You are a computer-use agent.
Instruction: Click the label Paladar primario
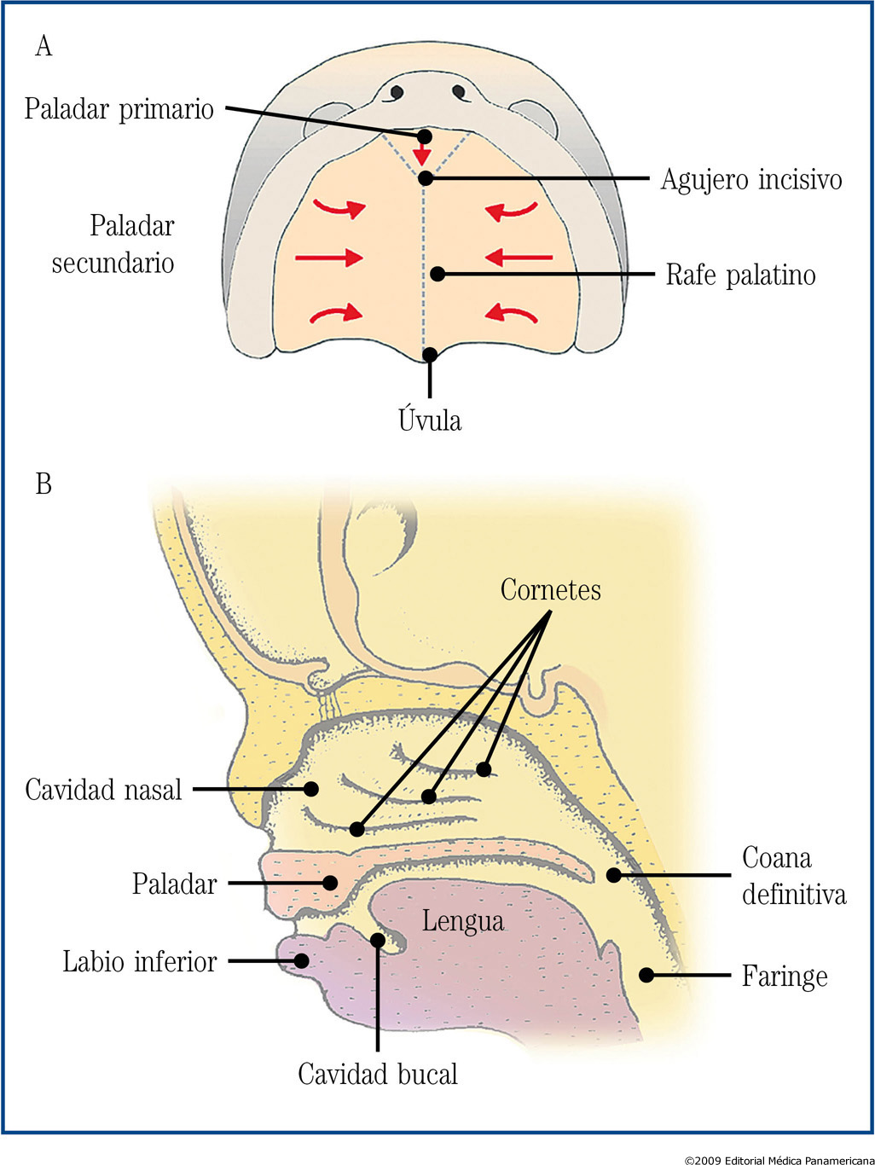(119, 109)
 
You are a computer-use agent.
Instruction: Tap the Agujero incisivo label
(750, 180)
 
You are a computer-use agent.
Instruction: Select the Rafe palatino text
(740, 275)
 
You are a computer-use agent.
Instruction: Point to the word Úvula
(430, 420)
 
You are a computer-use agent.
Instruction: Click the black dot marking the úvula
(430, 355)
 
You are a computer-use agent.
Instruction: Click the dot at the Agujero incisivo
(426, 179)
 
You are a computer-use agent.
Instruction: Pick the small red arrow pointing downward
(421, 154)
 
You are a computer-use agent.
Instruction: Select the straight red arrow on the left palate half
(329, 257)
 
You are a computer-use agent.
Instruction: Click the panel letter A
(43, 46)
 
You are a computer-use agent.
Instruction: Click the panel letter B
(43, 484)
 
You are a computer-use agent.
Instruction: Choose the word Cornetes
(550, 590)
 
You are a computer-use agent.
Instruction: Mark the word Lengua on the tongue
(463, 921)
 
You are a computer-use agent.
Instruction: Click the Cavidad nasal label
(103, 790)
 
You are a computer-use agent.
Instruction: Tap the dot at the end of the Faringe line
(646, 975)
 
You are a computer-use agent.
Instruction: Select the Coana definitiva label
(793, 876)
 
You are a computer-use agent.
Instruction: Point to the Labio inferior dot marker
(301, 961)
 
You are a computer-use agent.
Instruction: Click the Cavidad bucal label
(378, 1075)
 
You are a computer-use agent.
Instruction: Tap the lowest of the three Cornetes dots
(357, 829)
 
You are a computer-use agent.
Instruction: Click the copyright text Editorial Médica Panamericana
(779, 1159)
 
